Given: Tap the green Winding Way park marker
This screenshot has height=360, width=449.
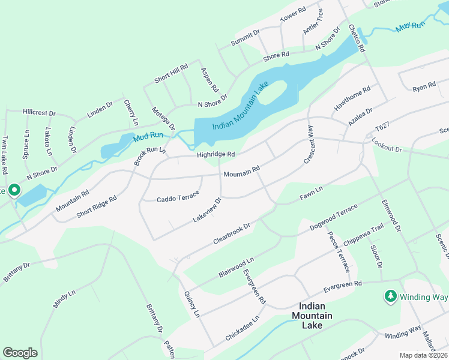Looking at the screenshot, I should coord(390,296).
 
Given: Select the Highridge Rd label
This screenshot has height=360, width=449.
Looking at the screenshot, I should coord(214,155).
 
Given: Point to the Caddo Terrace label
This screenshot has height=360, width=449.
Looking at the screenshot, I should coord(177,199).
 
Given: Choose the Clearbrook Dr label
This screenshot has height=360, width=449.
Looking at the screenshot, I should coord(231,232).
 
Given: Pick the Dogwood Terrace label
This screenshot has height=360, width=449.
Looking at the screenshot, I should coord(333,218).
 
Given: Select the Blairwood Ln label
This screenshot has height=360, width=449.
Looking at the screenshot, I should coord(237,267).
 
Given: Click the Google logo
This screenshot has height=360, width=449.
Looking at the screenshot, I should coord(20,353).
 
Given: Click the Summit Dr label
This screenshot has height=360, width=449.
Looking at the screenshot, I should coord(246,38).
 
